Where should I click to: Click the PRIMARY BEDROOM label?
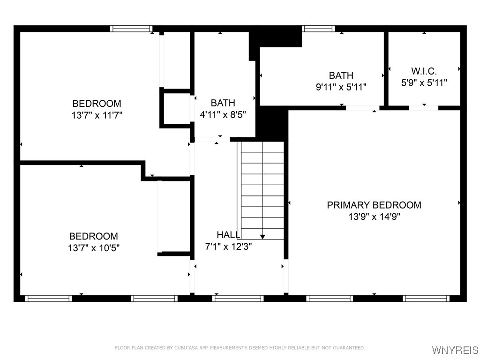[x=374, y=205]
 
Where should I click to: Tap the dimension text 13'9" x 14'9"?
[x=374, y=217]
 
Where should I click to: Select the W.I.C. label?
[x=424, y=71]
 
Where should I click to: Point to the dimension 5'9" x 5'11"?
[x=424, y=83]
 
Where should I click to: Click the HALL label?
[x=228, y=235]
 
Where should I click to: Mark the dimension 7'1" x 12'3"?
[x=228, y=247]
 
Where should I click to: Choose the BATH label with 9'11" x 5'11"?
[x=341, y=75]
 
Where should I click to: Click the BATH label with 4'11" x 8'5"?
[x=223, y=103]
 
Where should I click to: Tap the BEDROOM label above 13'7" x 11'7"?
[x=97, y=104]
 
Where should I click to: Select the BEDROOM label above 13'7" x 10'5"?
[x=93, y=236]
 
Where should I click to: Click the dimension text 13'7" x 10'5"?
[x=93, y=248]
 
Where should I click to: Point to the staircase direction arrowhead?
[x=262, y=236]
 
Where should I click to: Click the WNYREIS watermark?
[x=455, y=350]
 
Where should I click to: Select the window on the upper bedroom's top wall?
[x=131, y=29]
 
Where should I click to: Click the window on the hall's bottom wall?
[x=238, y=298]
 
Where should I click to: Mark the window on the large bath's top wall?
[x=319, y=29]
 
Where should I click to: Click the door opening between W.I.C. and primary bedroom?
[x=423, y=108]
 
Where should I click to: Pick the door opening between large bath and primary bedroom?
[x=362, y=108]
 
